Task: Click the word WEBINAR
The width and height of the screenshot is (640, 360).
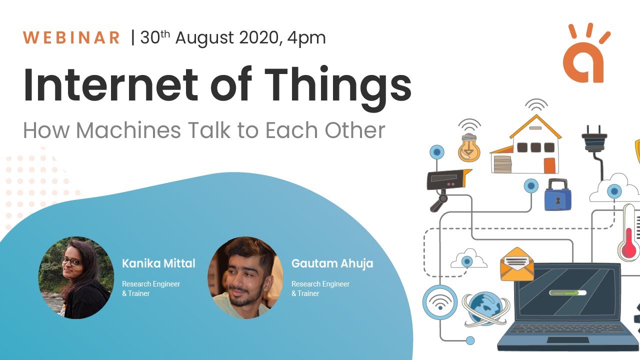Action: (71, 38)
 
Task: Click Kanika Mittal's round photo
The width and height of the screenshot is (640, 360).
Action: (76, 278)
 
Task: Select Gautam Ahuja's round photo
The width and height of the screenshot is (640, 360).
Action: (245, 278)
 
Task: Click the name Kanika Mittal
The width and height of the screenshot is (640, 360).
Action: (158, 263)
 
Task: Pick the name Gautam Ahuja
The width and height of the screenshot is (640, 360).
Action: (332, 263)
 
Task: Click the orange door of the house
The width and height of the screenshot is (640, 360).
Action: (549, 165)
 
